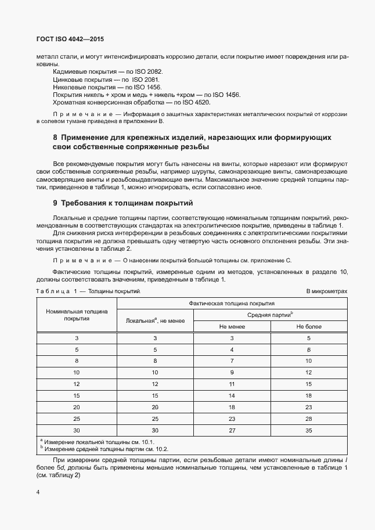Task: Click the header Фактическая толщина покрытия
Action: (232, 303)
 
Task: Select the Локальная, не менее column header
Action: (155, 320)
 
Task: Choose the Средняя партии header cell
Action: (270, 315)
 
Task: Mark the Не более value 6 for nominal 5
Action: (309, 350)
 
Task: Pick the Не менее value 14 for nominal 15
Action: (232, 395)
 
